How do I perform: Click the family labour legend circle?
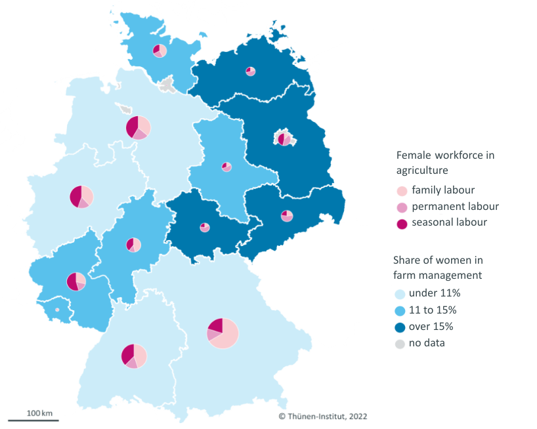click(x=401, y=191)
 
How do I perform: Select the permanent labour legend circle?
click(x=401, y=207)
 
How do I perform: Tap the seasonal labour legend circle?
click(x=401, y=223)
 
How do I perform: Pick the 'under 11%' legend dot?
click(x=400, y=293)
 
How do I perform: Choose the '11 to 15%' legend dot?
click(x=400, y=310)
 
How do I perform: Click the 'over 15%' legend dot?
click(x=400, y=327)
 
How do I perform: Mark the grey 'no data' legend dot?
click(x=400, y=343)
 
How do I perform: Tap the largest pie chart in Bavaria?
click(x=223, y=333)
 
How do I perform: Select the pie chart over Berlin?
click(x=284, y=139)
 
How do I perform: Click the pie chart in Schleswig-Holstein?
click(x=160, y=51)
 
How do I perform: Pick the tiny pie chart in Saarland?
click(x=57, y=310)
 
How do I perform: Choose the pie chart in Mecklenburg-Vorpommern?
click(x=250, y=71)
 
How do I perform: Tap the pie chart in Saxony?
click(x=286, y=216)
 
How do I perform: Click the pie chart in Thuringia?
click(x=205, y=228)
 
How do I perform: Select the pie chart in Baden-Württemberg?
click(x=134, y=356)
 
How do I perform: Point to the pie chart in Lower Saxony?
click(x=139, y=127)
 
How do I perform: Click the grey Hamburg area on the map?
click(x=169, y=84)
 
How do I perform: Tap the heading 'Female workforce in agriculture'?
click(x=445, y=163)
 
